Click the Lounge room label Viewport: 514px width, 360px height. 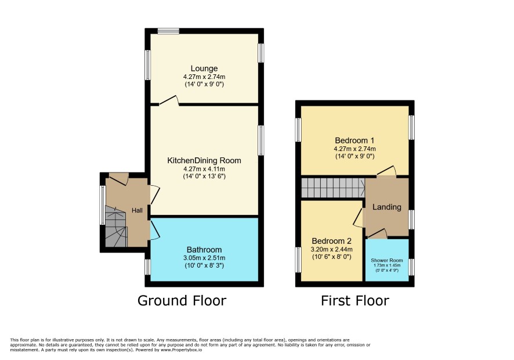point(204,69)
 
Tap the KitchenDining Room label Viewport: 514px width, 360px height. point(204,160)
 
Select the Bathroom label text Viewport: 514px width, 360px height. point(204,250)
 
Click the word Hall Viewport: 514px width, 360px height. point(137,210)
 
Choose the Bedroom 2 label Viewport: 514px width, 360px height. point(331,241)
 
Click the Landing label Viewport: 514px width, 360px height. point(387,207)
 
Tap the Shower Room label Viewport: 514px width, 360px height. point(387,260)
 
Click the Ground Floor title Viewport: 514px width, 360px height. point(182,301)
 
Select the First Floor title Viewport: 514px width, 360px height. point(354,301)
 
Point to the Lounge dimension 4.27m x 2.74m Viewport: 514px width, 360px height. point(204,77)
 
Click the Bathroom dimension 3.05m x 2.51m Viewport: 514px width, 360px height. point(204,258)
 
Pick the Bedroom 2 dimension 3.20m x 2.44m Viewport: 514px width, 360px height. point(331,250)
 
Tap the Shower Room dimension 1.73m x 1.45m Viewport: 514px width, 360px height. point(387,265)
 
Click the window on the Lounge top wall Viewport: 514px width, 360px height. point(168,31)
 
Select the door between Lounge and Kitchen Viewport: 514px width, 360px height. point(169,100)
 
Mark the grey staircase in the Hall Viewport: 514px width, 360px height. point(116,226)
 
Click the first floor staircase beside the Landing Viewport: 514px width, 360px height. point(333,188)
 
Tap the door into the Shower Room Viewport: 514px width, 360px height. point(377,233)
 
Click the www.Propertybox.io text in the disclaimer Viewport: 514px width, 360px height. point(181,350)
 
